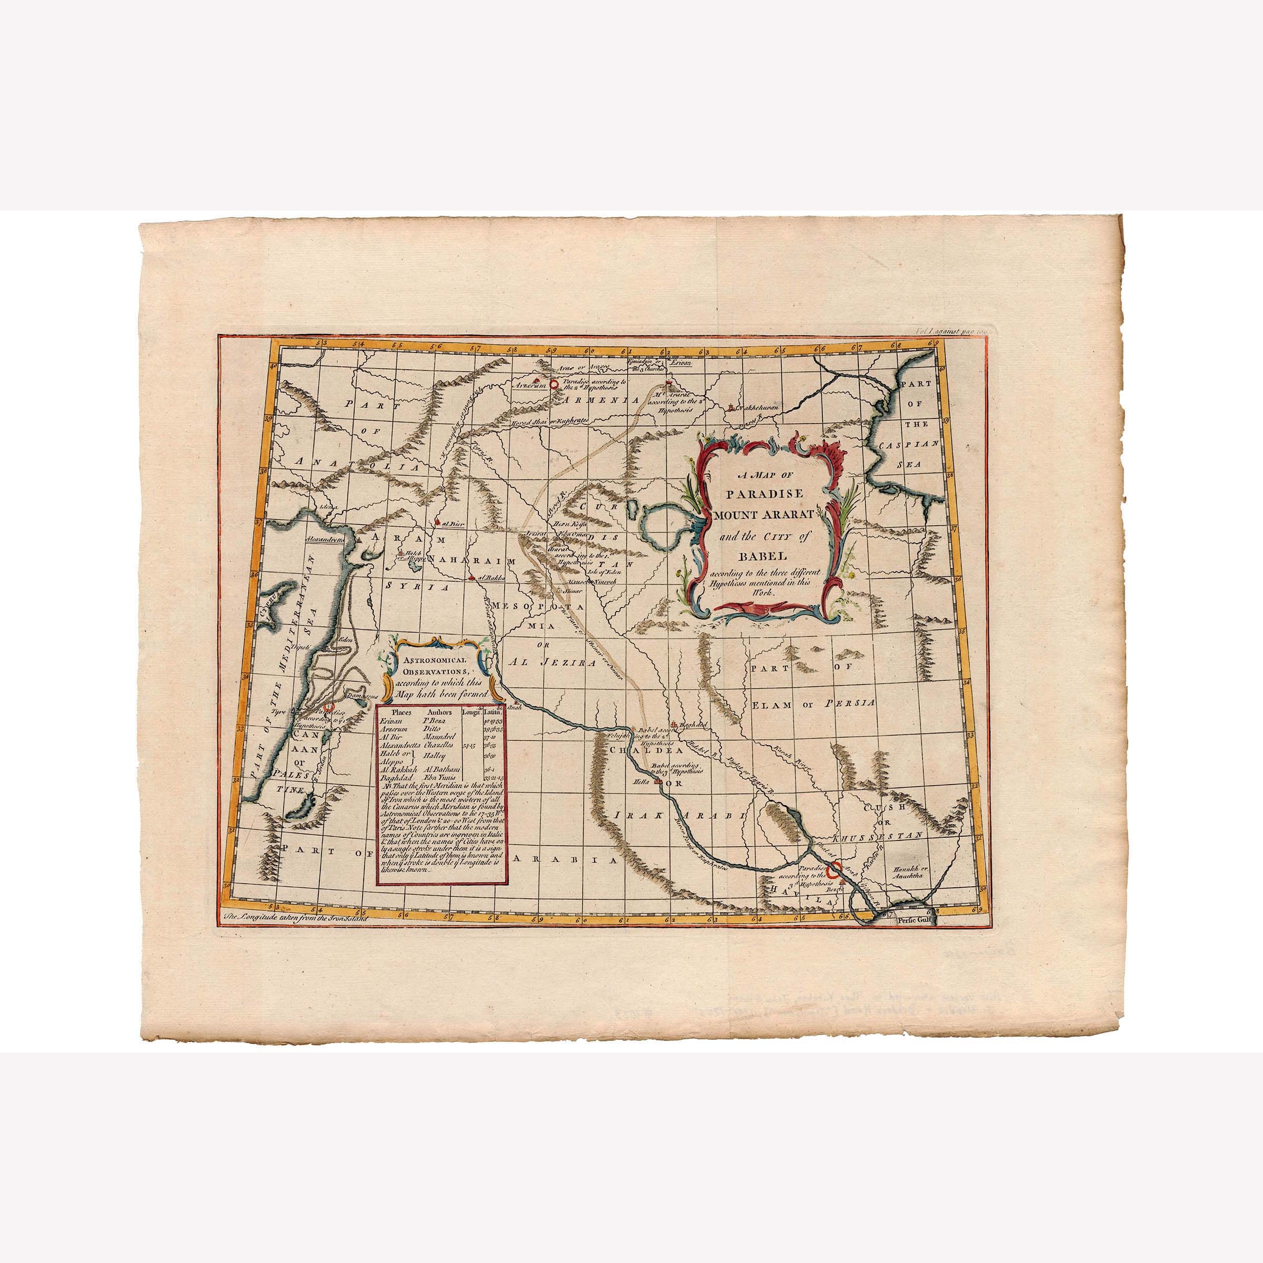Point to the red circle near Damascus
click(330, 707)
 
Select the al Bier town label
click(453, 524)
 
